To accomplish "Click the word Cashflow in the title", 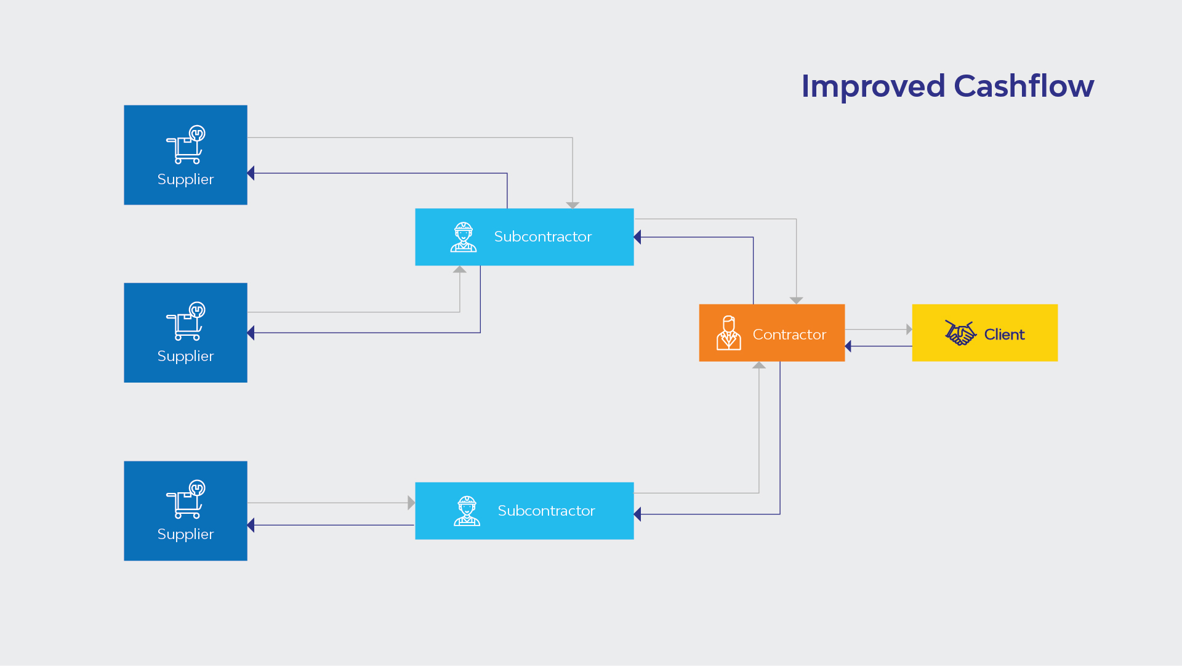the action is pyautogui.click(x=1024, y=86).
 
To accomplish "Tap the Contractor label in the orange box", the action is pyautogui.click(x=789, y=335).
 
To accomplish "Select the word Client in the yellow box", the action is pyautogui.click(x=1004, y=335).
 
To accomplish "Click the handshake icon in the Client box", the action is pyautogui.click(x=960, y=333).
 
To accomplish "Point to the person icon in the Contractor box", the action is pyautogui.click(x=729, y=333).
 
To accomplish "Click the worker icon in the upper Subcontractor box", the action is pyautogui.click(x=464, y=237).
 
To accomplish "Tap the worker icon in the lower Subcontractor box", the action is pyautogui.click(x=467, y=511).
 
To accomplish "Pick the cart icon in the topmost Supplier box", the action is pyautogui.click(x=185, y=145).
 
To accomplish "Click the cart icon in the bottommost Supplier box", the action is pyautogui.click(x=185, y=500).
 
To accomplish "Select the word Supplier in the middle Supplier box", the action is pyautogui.click(x=185, y=356).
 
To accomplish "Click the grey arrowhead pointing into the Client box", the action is pyautogui.click(x=909, y=330).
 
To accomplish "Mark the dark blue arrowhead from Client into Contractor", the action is pyautogui.click(x=848, y=346).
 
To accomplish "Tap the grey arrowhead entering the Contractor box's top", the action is pyautogui.click(x=797, y=301).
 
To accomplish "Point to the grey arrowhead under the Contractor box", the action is pyautogui.click(x=759, y=365).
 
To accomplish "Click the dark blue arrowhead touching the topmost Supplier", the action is pyautogui.click(x=251, y=173).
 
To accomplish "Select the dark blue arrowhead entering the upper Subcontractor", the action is pyautogui.click(x=637, y=237).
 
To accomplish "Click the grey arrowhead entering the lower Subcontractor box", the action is pyautogui.click(x=411, y=503).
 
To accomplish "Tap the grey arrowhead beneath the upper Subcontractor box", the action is pyautogui.click(x=460, y=269).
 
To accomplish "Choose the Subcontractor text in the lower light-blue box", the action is pyautogui.click(x=546, y=511).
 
